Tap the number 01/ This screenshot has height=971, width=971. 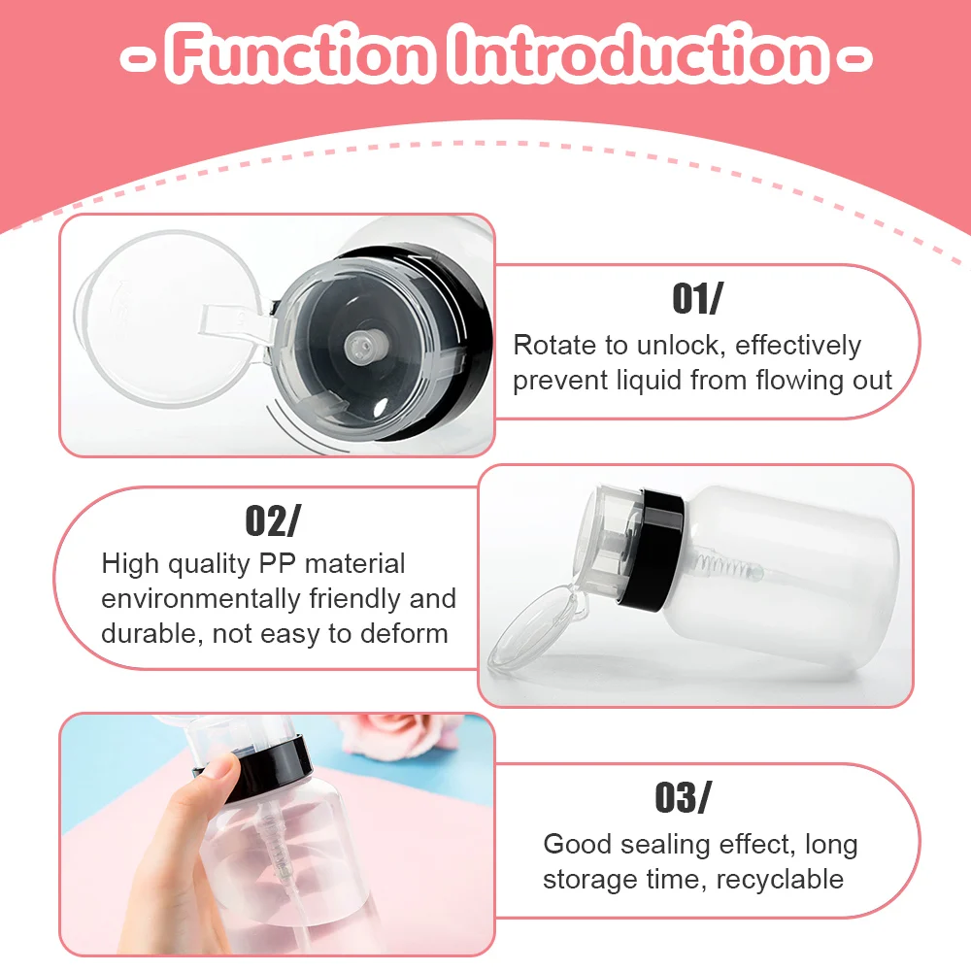click(697, 299)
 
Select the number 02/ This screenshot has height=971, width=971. click(272, 521)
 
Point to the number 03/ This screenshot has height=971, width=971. click(682, 797)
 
